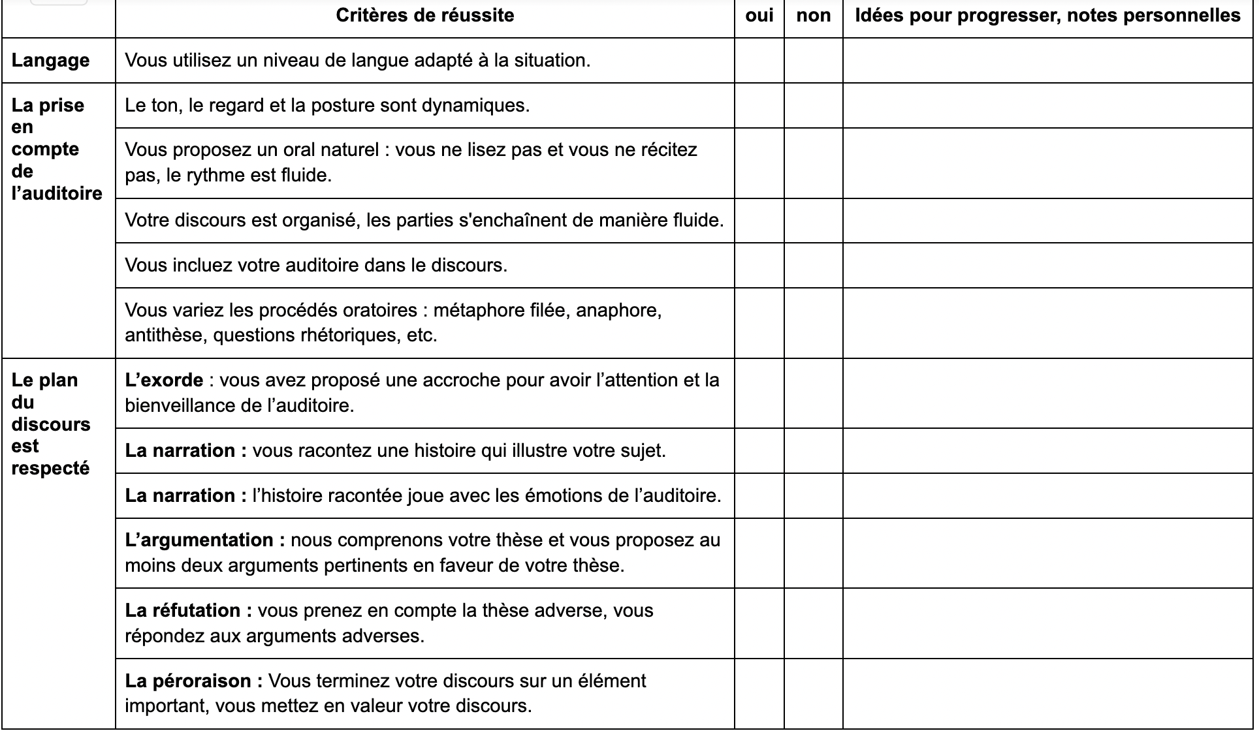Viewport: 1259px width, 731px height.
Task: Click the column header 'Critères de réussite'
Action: [x=424, y=16]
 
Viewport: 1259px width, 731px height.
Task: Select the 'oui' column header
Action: [x=759, y=16]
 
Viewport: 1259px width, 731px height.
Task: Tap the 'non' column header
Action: [x=813, y=16]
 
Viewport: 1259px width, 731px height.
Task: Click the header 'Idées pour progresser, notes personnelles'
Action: [x=1047, y=16]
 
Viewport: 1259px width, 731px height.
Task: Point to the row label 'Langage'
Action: [x=50, y=60]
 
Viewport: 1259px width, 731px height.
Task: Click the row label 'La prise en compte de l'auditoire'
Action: [x=57, y=149]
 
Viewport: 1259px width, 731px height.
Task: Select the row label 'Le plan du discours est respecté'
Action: [x=51, y=424]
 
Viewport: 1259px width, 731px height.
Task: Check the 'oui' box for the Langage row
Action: [x=759, y=60]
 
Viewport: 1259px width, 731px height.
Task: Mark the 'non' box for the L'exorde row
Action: [x=813, y=393]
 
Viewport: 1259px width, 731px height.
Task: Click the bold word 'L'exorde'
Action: [x=164, y=381]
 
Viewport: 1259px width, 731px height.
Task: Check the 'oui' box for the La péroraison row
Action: [x=759, y=693]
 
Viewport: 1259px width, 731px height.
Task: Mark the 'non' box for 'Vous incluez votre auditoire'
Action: [x=813, y=265]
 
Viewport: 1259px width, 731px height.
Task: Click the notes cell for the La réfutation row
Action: [x=1047, y=623]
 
